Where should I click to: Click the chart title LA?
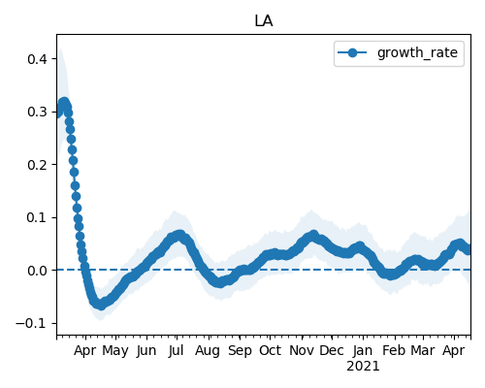(x=264, y=21)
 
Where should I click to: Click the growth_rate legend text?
(x=417, y=52)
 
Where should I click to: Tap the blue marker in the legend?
(x=352, y=52)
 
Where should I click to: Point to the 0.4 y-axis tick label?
(x=38, y=59)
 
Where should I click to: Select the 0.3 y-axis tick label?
(x=38, y=112)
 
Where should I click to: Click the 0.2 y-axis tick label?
(x=38, y=165)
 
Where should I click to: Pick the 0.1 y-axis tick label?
(x=38, y=217)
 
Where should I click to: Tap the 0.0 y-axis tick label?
(x=38, y=271)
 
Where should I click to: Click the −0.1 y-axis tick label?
(x=32, y=323)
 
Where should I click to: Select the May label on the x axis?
(x=115, y=351)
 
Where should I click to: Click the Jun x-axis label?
(x=146, y=351)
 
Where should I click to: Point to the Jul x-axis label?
(x=177, y=351)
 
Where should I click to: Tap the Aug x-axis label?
(x=208, y=351)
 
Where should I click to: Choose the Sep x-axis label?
(x=240, y=351)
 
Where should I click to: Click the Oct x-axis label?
(x=270, y=350)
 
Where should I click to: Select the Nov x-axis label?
(x=302, y=350)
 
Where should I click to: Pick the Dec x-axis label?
(x=332, y=350)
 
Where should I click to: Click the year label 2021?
(x=363, y=367)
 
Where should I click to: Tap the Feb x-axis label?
(x=394, y=350)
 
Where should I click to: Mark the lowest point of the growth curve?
(x=101, y=306)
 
